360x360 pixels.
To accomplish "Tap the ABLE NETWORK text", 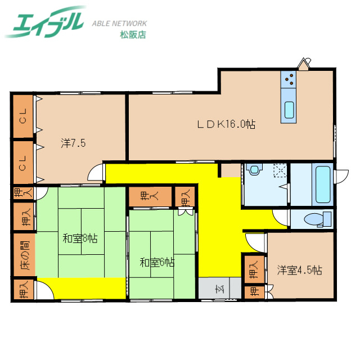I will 120,24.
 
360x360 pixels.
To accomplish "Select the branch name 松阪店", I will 133,35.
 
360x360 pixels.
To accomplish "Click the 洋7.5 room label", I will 73,143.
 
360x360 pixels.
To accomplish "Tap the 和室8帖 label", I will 80,238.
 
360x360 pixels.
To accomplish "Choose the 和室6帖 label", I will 157,262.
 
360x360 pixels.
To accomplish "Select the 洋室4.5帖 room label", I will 299,270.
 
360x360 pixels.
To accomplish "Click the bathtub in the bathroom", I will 322,184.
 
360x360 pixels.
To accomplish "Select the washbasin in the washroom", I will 254,169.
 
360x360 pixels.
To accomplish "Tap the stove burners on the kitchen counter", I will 290,80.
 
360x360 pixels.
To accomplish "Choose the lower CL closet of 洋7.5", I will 23,162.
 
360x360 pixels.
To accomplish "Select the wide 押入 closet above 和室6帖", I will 149,196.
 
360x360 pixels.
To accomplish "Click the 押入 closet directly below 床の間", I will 23,290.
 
